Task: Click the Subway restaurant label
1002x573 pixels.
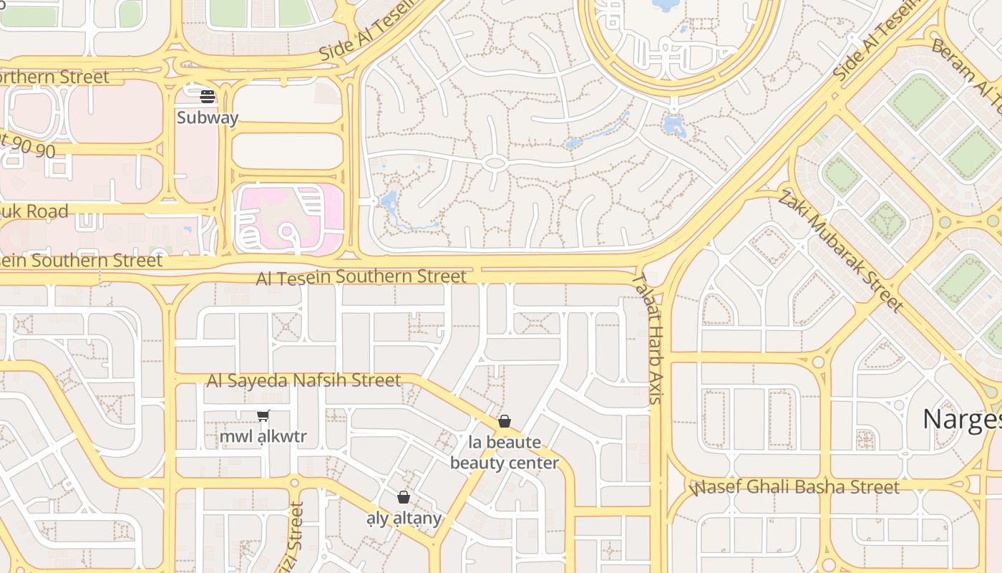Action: tap(208, 117)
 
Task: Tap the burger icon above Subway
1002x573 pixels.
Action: tap(208, 96)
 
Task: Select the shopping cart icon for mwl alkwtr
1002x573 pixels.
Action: tap(263, 415)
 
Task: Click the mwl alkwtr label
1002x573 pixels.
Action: tap(263, 436)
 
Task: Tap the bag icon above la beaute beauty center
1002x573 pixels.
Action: tap(505, 421)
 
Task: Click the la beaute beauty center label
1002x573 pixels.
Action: tap(505, 453)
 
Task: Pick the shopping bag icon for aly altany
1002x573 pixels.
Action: tap(404, 497)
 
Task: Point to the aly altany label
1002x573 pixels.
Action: tap(404, 518)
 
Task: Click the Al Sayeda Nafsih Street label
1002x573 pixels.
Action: tap(303, 380)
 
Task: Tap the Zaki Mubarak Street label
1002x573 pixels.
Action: tap(840, 251)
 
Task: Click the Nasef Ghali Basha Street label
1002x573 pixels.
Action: tap(796, 488)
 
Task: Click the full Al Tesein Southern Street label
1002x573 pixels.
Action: tap(361, 276)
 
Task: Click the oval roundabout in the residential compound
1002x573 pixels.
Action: tap(495, 163)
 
